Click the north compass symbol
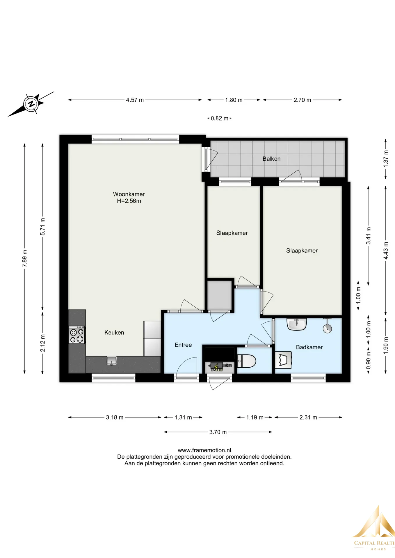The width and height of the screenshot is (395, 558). [31, 104]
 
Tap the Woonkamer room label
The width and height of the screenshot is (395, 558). [129, 194]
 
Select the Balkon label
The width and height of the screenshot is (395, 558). [271, 159]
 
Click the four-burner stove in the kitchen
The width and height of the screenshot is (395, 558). [77, 335]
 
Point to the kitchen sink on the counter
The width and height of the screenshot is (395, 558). [111, 361]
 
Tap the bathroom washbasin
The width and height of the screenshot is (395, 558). [297, 324]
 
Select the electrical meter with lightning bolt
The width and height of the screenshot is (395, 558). [219, 367]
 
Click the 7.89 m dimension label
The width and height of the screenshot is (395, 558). [25, 258]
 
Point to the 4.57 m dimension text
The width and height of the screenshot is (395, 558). [135, 100]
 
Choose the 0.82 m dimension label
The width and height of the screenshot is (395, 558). [219, 118]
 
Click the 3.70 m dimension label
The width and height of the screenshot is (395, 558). [218, 432]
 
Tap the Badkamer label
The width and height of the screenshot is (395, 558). [309, 347]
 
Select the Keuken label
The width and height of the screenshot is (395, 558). [114, 332]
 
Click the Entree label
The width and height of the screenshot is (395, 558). [183, 345]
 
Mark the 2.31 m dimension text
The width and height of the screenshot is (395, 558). [308, 417]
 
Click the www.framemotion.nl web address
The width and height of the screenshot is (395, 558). [204, 450]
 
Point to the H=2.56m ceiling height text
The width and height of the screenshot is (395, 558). [129, 201]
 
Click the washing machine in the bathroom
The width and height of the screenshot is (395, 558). [283, 360]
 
